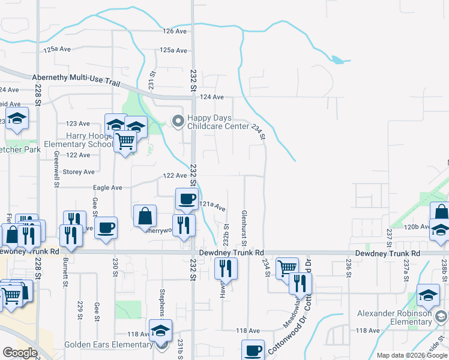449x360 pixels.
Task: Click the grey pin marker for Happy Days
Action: click(x=178, y=122)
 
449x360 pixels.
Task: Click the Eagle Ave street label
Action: click(x=107, y=188)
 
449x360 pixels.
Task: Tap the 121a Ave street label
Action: click(x=212, y=206)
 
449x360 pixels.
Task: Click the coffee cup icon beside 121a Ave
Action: click(x=186, y=199)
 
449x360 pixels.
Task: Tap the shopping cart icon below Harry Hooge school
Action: click(x=125, y=142)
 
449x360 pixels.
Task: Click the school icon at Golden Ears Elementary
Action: click(x=161, y=331)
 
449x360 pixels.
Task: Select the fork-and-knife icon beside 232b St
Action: click(x=226, y=270)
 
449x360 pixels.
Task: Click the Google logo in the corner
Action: click(x=20, y=353)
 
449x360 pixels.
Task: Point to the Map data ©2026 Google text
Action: click(x=411, y=355)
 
